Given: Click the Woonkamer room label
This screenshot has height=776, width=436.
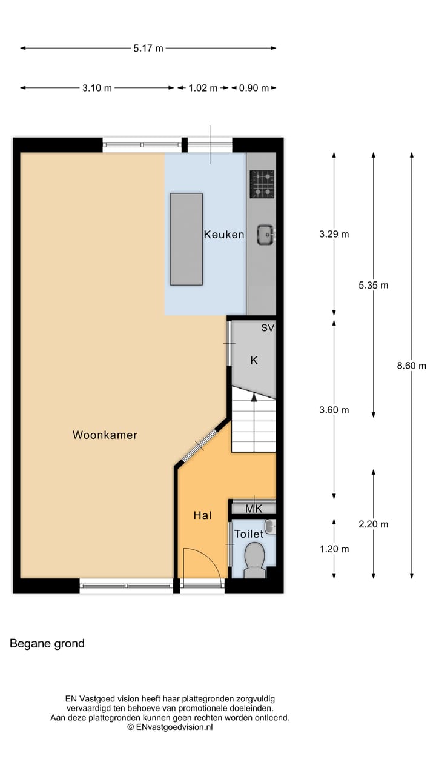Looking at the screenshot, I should tap(105, 435).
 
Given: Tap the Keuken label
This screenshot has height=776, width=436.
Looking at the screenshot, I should tap(224, 235).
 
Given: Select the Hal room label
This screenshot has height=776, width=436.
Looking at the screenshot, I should tap(202, 515).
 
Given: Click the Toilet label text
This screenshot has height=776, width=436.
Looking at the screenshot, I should tap(249, 534).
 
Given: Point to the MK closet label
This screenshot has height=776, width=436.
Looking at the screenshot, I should tap(254, 509).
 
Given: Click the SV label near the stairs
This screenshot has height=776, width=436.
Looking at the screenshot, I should tap(268, 328).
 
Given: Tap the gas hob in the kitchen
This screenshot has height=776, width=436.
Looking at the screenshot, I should tap(263, 184).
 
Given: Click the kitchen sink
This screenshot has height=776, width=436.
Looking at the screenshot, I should tap(265, 234).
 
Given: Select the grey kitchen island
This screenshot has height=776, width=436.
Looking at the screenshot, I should tap(186, 239).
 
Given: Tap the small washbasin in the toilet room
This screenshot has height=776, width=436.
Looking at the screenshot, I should tap(271, 526).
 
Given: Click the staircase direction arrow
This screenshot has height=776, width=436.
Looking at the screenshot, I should tap(254, 398).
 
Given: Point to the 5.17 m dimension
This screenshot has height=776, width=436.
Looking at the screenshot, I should tap(148, 48).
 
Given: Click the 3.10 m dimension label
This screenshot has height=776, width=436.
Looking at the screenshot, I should tap(97, 88).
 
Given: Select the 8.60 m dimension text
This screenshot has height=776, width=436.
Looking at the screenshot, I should tap(411, 366).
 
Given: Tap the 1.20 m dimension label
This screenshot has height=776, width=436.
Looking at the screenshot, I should tap(334, 549).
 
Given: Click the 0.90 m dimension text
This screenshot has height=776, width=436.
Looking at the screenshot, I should tap(254, 88).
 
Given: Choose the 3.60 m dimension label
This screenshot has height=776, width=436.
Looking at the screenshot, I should tap(334, 410).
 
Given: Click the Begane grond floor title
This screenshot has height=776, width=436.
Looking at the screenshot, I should tap(47, 644).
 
